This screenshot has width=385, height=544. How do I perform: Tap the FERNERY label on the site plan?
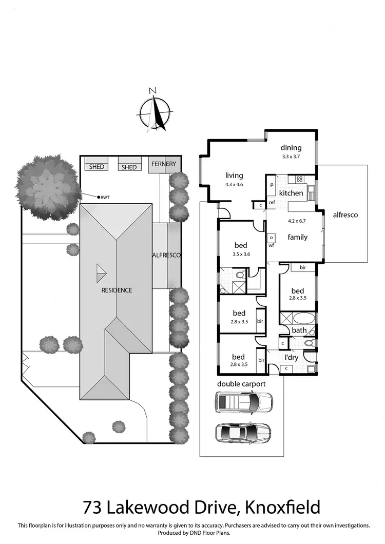click(164, 164)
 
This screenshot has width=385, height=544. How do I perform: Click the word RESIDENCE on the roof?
click(116, 290)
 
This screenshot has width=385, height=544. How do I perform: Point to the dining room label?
click(291, 148)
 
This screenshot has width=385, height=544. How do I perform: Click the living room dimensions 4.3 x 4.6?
click(234, 185)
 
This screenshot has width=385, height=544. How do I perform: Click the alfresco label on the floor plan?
click(345, 215)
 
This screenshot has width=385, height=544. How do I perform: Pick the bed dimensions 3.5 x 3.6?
click(241, 254)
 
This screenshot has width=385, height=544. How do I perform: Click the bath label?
click(298, 330)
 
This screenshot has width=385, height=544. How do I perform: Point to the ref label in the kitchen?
click(272, 203)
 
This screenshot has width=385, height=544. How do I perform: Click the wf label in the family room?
click(271, 245)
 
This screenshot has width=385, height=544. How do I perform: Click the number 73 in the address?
click(92, 508)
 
